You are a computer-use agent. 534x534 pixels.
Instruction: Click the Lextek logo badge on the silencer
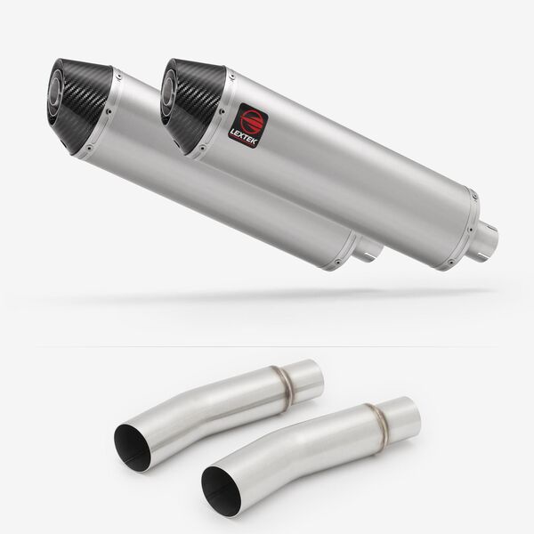(x=248, y=125)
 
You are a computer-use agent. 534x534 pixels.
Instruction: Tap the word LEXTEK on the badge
(x=243, y=135)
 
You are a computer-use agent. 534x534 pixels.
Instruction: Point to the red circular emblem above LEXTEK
(x=250, y=119)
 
